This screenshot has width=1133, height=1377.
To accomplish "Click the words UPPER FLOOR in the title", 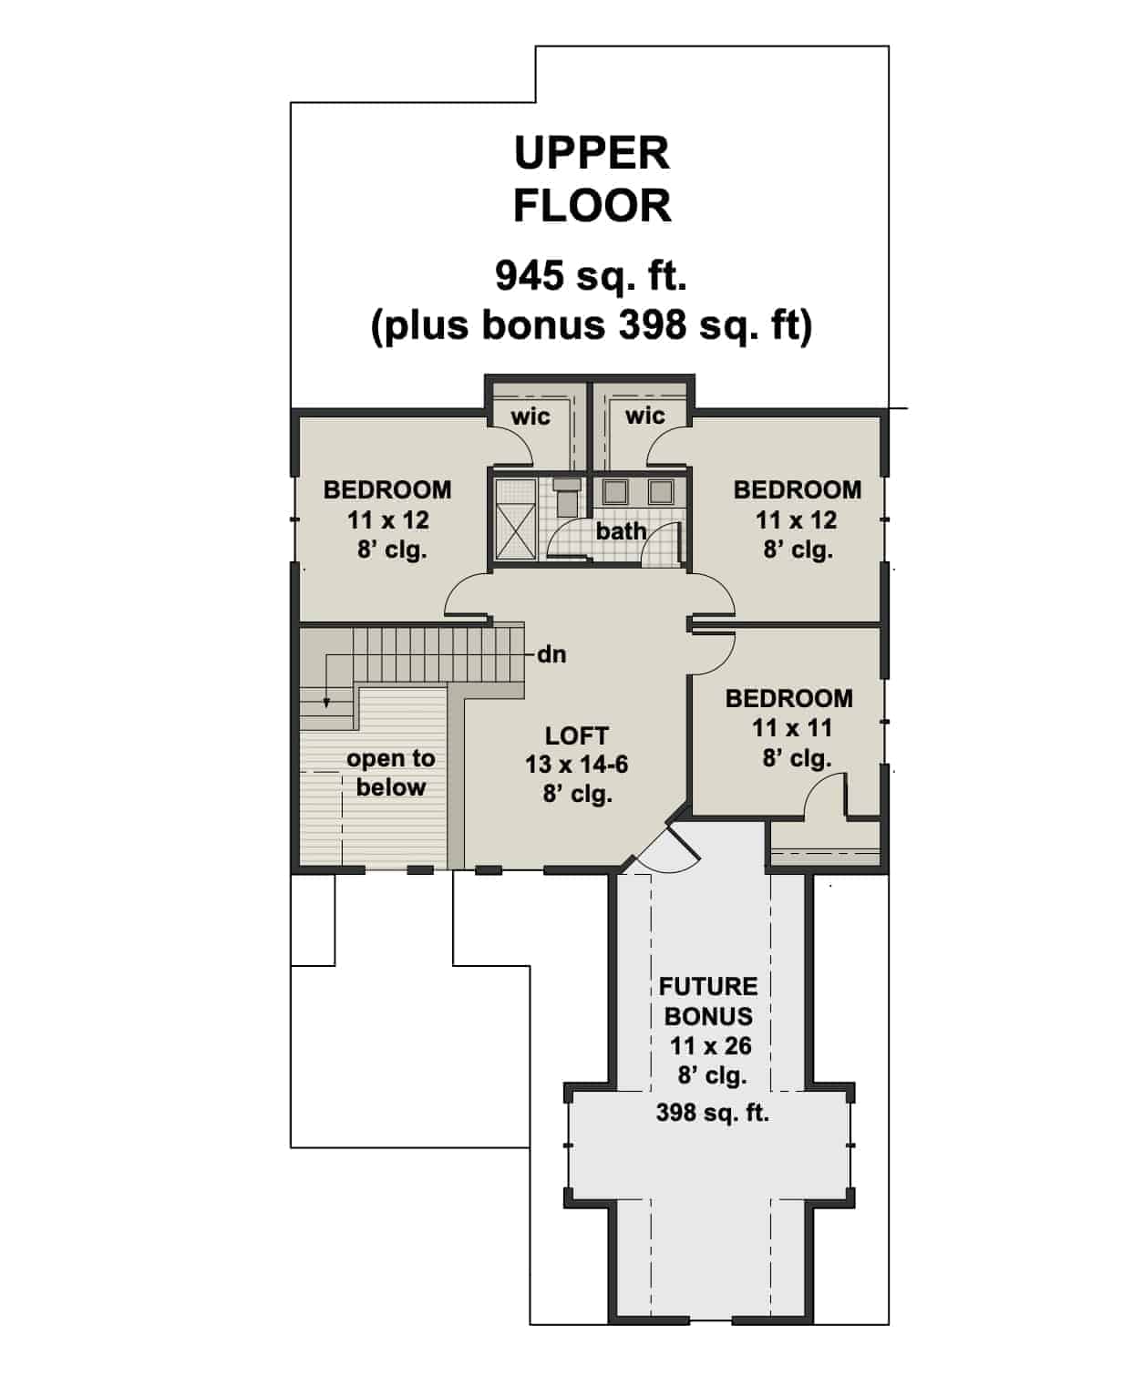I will [592, 180].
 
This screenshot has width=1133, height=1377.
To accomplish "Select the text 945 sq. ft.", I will [591, 275].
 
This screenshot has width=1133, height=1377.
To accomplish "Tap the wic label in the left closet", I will [530, 416].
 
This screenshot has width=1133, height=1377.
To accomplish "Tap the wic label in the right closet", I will [644, 416].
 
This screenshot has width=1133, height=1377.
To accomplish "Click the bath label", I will [621, 530].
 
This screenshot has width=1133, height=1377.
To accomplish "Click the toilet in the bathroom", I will [567, 497].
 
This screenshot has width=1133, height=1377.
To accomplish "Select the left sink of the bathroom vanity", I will [616, 492].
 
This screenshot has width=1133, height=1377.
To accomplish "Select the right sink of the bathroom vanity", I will [660, 492].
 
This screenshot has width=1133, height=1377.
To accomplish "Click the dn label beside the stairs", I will [551, 654].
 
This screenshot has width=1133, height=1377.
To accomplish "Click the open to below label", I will [390, 773].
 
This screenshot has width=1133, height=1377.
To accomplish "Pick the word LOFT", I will [576, 735].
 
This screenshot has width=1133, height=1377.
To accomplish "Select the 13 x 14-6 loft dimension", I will [576, 765].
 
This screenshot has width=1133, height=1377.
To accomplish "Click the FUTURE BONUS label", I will [708, 1001].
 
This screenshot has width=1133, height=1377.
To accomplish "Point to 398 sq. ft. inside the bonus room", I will [712, 1113].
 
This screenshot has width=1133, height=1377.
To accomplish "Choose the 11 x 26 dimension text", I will [711, 1046].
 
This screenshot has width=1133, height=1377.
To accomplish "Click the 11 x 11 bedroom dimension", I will [792, 728].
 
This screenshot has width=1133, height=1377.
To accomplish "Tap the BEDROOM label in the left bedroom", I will [387, 489].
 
